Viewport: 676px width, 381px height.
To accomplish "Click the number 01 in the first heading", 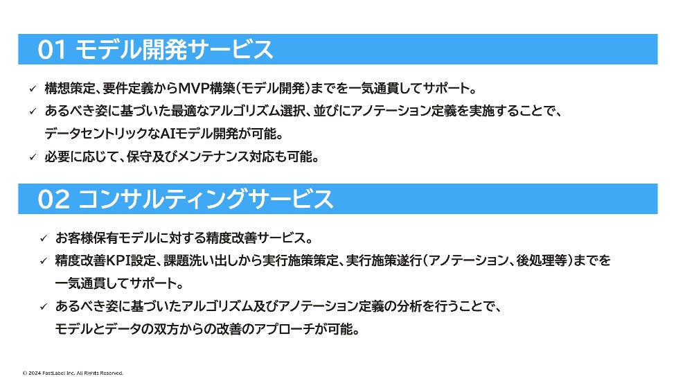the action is click(53, 50).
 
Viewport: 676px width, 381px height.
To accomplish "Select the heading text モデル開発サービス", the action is click(173, 50).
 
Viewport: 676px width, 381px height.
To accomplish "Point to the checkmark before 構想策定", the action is click(32, 89).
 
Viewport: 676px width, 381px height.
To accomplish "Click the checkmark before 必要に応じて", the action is click(32, 157).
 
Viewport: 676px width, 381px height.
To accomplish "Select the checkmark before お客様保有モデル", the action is click(43, 238).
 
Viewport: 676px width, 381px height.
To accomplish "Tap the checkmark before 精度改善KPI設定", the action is click(43, 261).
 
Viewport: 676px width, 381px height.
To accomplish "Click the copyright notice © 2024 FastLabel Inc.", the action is click(73, 373).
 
